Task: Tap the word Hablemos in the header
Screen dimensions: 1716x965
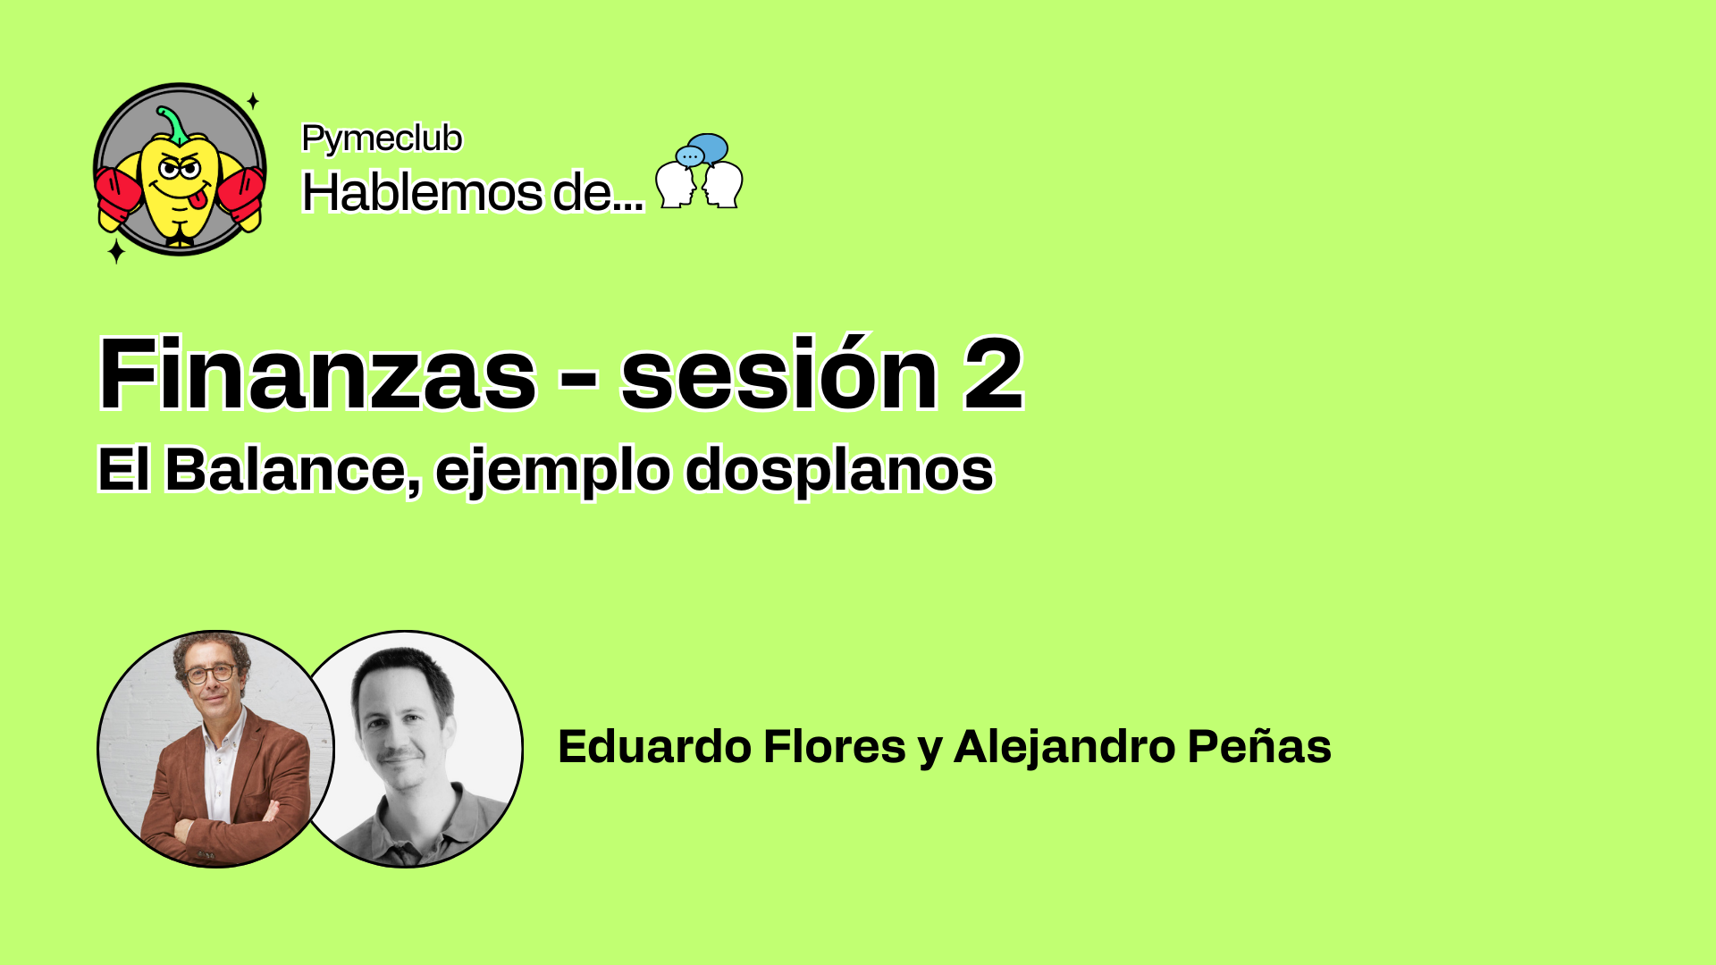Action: (x=422, y=191)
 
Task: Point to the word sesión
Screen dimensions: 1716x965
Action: (x=779, y=373)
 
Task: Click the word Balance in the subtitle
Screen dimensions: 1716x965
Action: (x=287, y=469)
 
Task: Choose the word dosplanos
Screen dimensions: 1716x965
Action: (x=839, y=469)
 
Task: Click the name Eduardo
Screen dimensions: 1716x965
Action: (x=654, y=746)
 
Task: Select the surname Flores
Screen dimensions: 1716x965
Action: (x=835, y=746)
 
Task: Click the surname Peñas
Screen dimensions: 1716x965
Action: (x=1259, y=746)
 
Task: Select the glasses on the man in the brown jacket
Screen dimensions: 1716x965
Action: (x=211, y=673)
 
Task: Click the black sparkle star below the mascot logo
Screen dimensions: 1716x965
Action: (x=116, y=251)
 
